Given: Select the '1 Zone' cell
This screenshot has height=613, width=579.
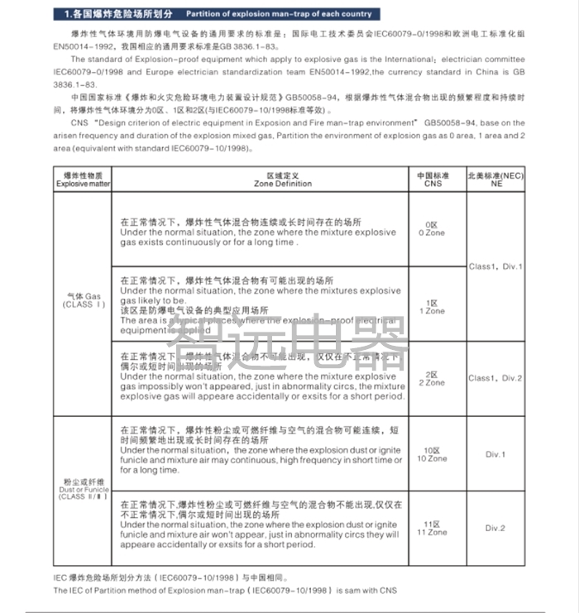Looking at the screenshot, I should (431, 307).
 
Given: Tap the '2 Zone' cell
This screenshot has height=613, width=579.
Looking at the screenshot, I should (431, 379).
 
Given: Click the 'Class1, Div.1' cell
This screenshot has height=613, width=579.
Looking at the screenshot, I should (495, 266).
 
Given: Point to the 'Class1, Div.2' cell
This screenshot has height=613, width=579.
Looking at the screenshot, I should (495, 378).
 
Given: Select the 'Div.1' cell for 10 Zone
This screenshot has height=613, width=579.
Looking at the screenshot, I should (495, 454).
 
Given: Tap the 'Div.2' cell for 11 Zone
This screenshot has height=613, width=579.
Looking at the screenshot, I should (495, 528).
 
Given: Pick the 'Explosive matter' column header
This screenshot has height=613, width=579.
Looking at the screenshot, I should (82, 180).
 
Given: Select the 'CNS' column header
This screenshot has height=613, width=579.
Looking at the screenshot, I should (431, 180).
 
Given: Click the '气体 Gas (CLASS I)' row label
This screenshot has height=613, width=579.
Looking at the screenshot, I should (82, 300).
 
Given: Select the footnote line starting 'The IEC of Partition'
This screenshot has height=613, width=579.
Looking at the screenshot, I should (226, 591).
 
